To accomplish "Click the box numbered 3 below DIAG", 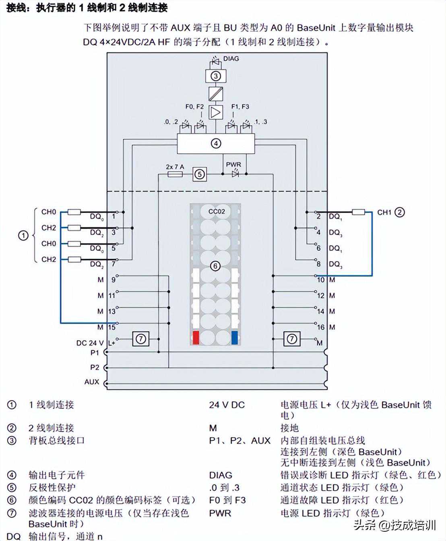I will point(216,76).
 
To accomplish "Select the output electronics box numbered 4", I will point(216,143).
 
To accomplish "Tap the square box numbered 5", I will point(199,174).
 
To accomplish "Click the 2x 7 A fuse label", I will point(175,167).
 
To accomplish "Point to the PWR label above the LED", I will point(233,165).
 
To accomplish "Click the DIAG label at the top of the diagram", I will point(231,59).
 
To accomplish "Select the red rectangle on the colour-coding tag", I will point(196,338).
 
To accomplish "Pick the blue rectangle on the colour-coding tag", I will point(235,338).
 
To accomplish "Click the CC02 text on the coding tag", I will point(217,211).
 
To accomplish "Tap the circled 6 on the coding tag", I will point(215,266).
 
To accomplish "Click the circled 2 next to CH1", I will point(399,212).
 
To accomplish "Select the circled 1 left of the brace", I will point(23,235).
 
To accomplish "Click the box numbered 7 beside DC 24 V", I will point(140,339).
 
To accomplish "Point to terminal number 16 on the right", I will point(320,327).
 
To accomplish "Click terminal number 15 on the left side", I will point(111,327).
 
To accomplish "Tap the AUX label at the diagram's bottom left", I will point(92,382).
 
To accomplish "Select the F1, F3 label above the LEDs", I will point(240,107).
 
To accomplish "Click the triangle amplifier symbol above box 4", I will point(216,112).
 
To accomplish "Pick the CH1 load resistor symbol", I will point(358,212).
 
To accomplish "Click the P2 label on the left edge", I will point(95,367).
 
